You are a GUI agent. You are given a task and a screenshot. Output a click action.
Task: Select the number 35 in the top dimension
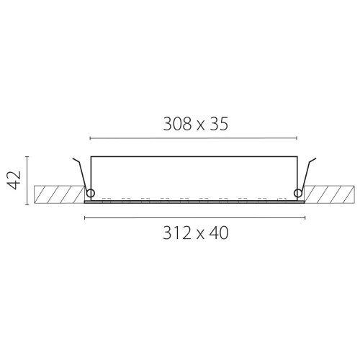coord(219,124)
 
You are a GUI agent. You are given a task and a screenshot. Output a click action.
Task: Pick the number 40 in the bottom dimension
coord(219,233)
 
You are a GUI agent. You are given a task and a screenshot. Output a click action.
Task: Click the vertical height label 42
coord(14,180)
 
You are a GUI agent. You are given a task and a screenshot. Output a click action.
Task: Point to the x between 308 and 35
coord(201,126)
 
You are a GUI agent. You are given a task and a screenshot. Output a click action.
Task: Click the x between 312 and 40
coord(200,235)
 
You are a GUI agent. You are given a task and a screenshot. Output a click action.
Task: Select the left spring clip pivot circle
coord(91,193)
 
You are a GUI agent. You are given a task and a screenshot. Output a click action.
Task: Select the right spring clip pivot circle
coord(298,193)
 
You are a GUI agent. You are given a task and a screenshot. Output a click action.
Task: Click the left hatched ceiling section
coord(59,194)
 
